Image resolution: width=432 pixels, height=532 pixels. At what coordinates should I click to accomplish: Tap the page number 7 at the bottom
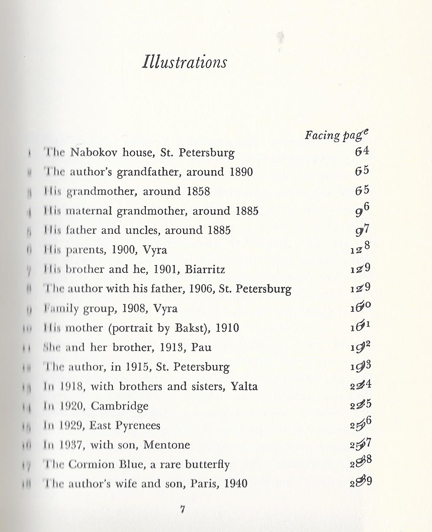tap(183, 510)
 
